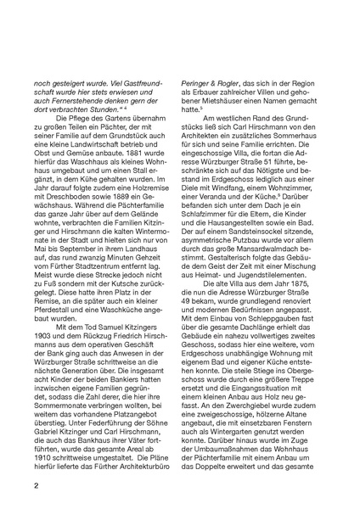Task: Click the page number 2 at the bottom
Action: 35,486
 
